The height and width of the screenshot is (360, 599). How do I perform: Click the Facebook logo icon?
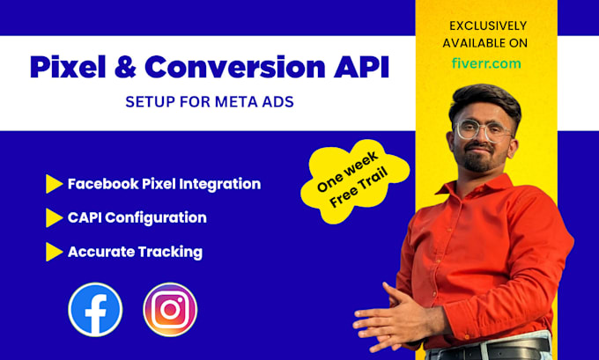pyautogui.click(x=95, y=309)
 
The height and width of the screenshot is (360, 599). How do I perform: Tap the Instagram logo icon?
pyautogui.click(x=170, y=309)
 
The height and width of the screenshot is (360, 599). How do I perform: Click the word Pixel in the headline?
pyautogui.click(x=71, y=67)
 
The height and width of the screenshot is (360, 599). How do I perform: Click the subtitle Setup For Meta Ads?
pyautogui.click(x=210, y=102)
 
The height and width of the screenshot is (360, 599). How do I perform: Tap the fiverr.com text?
pyautogui.click(x=484, y=63)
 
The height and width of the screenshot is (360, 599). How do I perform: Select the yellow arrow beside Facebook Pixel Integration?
pyautogui.click(x=54, y=184)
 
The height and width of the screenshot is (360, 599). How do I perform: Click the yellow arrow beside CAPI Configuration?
pyautogui.click(x=54, y=217)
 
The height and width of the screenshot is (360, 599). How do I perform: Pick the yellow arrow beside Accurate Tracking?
pyautogui.click(x=54, y=252)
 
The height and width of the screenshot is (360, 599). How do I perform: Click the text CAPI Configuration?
pyautogui.click(x=137, y=217)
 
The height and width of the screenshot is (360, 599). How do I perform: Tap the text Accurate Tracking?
pyautogui.click(x=135, y=252)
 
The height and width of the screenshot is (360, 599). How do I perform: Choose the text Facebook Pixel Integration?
pyautogui.click(x=164, y=184)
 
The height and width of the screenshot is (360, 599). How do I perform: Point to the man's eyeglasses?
pyautogui.click(x=483, y=130)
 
